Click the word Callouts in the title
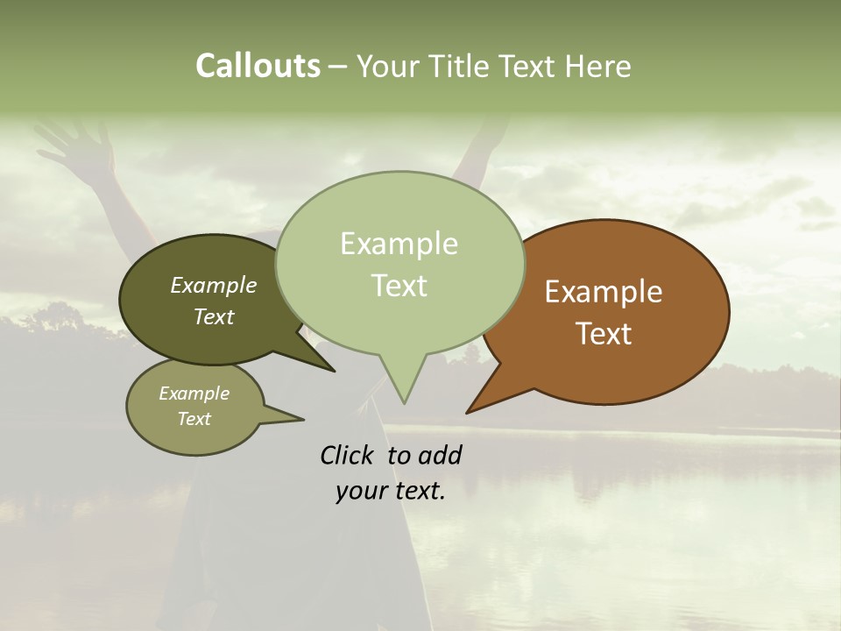[258, 66]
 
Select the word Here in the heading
[597, 67]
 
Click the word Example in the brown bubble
[604, 292]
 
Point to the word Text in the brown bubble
[604, 334]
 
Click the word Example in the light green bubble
[399, 244]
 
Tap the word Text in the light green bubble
[399, 286]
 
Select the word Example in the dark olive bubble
[213, 286]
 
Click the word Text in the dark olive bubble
[213, 317]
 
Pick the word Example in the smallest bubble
[194, 393]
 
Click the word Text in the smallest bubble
[194, 419]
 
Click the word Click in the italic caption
[349, 455]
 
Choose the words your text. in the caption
[391, 491]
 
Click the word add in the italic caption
[441, 455]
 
